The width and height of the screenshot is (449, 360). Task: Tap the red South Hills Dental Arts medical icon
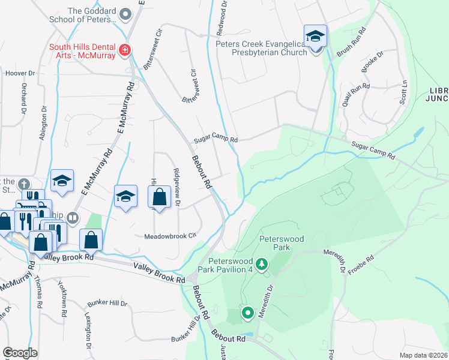point(125,50)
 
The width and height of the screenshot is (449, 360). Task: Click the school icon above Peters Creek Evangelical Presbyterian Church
point(315,36)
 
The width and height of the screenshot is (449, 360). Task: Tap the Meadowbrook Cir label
point(170,236)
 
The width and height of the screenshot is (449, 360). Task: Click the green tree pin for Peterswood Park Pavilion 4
point(261,264)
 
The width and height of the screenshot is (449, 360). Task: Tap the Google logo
point(20,352)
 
